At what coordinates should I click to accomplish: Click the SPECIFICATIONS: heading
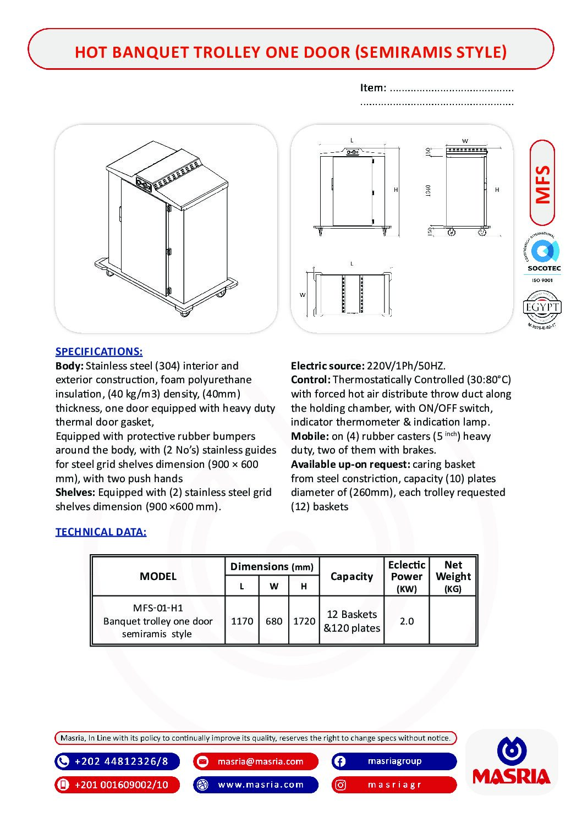coord(99,351)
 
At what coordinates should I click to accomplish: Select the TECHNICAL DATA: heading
coord(101,532)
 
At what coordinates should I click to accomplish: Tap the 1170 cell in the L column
coord(242,621)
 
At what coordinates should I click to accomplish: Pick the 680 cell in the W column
coord(274,621)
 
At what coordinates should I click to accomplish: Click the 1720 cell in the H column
coord(304,621)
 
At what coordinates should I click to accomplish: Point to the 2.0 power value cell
coord(407,621)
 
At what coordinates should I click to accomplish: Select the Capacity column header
coord(352,576)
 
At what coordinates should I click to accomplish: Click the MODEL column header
coord(158,576)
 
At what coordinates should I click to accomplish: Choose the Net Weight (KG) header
coord(453,576)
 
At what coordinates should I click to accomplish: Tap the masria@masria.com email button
coord(256,761)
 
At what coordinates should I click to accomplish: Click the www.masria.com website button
coord(256,785)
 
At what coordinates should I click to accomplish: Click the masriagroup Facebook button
coord(394,761)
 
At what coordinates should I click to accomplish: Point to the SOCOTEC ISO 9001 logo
coord(543,258)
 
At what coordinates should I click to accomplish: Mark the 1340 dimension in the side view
coord(429,190)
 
